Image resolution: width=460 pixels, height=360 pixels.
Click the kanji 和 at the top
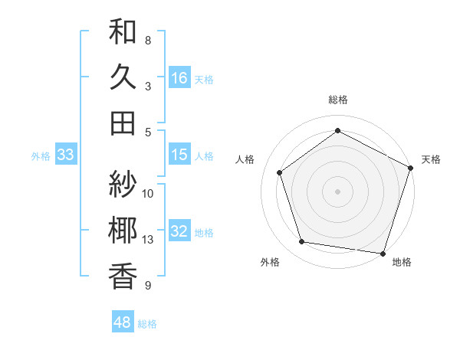click(x=123, y=33)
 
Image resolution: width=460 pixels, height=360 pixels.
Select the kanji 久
click(x=123, y=77)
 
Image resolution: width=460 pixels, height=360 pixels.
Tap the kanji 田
click(x=123, y=123)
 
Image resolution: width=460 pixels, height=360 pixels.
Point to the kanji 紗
click(x=123, y=184)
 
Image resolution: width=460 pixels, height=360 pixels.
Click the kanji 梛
click(x=123, y=231)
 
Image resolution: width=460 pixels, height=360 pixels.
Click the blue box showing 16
click(x=179, y=77)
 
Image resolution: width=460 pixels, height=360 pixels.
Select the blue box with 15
click(x=179, y=155)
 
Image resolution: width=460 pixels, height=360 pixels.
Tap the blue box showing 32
click(x=179, y=231)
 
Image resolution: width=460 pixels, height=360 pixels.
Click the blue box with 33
click(x=65, y=155)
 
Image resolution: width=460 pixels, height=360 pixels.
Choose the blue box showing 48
click(x=122, y=322)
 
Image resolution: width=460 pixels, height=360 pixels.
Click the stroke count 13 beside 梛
click(x=148, y=240)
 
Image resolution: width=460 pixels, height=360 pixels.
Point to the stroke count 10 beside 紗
click(x=148, y=193)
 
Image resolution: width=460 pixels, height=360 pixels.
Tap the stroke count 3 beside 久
click(x=148, y=86)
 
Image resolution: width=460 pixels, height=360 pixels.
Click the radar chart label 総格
click(x=337, y=100)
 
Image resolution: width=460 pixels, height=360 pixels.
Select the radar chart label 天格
click(x=431, y=159)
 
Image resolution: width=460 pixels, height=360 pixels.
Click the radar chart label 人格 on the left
click(x=245, y=159)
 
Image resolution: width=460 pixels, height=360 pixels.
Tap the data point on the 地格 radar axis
click(x=383, y=252)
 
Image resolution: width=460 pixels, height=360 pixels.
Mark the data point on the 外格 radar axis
click(x=302, y=242)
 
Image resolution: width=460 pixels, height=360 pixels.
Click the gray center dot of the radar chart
click(x=337, y=191)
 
